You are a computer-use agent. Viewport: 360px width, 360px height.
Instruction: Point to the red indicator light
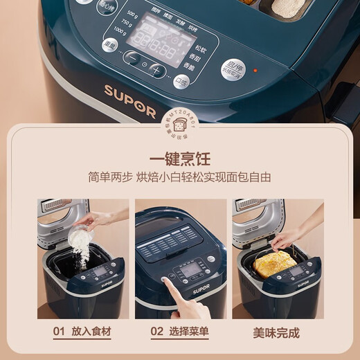coord(255,70)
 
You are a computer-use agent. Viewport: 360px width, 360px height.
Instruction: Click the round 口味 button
coord(182,80)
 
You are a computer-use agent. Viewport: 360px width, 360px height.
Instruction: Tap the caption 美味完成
coord(278,332)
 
